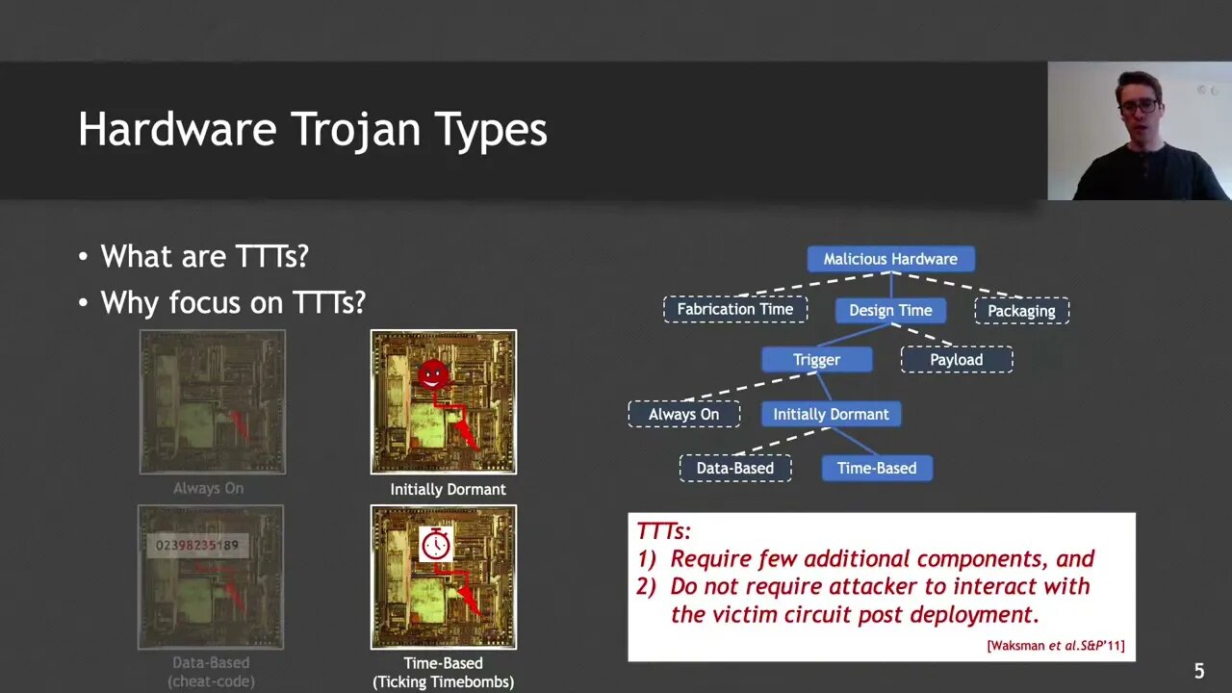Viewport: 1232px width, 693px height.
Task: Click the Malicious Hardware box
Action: [x=890, y=259]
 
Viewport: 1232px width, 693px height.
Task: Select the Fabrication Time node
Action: [x=734, y=309]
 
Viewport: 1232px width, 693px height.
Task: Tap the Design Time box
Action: [x=890, y=310]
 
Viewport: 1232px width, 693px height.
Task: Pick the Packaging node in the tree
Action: [x=1021, y=310]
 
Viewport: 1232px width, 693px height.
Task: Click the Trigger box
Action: [x=816, y=360]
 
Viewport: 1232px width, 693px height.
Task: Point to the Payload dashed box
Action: [x=956, y=360]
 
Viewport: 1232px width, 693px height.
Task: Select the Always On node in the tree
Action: [x=683, y=414]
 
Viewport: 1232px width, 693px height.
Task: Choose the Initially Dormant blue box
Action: [x=831, y=414]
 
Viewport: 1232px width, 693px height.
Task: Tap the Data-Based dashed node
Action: [x=734, y=468]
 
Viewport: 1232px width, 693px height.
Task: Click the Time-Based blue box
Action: [x=876, y=468]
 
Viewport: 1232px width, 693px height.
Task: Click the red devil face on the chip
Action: [x=433, y=374]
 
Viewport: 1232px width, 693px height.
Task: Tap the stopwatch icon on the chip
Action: [x=435, y=545]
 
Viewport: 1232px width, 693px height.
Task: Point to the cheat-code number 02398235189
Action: [x=196, y=546]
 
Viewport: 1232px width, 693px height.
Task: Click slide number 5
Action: [x=1198, y=671]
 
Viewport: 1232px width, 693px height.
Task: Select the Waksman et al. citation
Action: [x=1055, y=645]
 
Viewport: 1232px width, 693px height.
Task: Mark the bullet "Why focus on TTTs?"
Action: [x=233, y=302]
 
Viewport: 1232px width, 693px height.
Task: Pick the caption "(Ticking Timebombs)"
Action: [x=443, y=681]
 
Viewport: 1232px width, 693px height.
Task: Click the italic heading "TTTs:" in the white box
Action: [x=664, y=530]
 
